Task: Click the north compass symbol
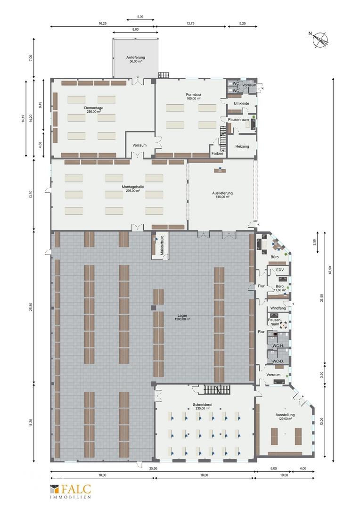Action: [320, 39]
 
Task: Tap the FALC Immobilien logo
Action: [70, 491]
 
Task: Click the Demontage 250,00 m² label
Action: [93, 109]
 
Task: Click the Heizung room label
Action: [242, 147]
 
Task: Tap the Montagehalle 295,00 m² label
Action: [133, 189]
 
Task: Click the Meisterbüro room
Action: [160, 246]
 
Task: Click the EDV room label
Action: [280, 270]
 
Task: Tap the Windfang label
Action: [278, 308]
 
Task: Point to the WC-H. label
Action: [278, 346]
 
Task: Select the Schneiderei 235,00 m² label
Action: [202, 406]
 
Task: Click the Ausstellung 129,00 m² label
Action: [285, 417]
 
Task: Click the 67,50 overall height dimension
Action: [330, 270]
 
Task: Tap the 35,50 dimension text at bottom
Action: [153, 468]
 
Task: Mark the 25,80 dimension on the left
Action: [31, 307]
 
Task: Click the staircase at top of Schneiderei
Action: [217, 390]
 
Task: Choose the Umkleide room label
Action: [242, 104]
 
